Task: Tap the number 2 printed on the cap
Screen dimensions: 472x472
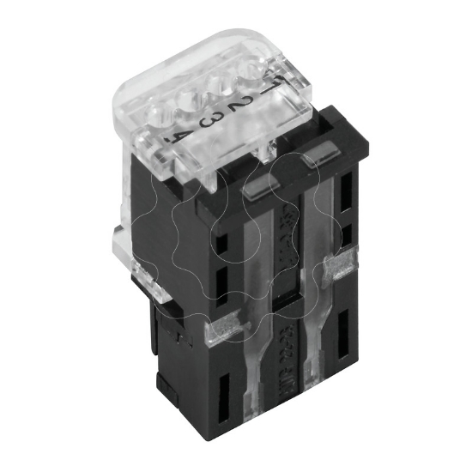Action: point(244,104)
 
